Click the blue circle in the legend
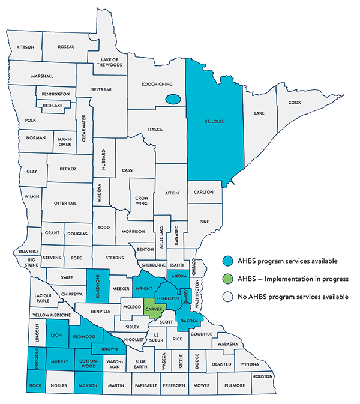tap(227, 261)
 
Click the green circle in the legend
tap(227, 279)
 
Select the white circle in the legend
tap(227, 297)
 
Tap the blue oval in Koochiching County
tap(173, 100)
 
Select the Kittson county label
tap(26, 47)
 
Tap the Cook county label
tap(294, 103)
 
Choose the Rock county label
tap(35, 385)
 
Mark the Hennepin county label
tap(167, 298)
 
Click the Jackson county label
tap(89, 385)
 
